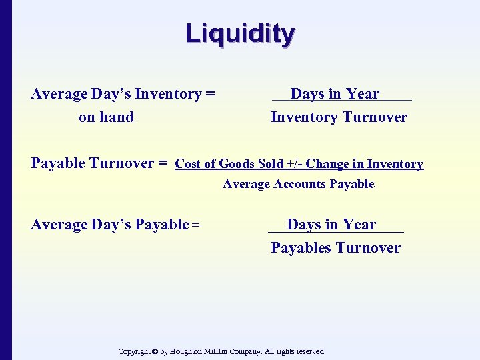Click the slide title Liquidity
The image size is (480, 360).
pyautogui.click(x=240, y=33)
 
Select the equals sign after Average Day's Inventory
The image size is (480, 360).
pyautogui.click(x=210, y=94)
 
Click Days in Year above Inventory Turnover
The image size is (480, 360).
pyautogui.click(x=335, y=94)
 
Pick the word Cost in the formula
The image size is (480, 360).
pyautogui.click(x=188, y=164)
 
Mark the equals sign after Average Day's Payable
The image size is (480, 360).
pyautogui.click(x=196, y=225)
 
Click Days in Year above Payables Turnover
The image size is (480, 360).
pyautogui.click(x=331, y=225)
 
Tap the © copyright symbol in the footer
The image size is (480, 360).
pyautogui.click(x=155, y=351)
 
